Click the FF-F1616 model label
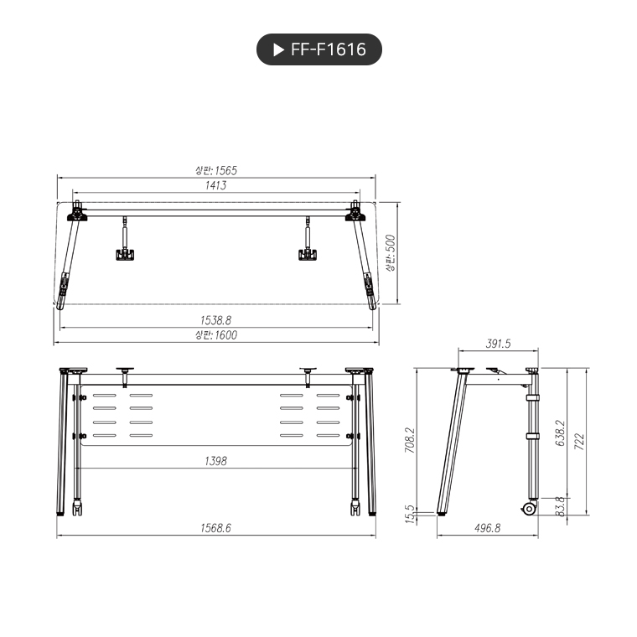click(x=328, y=49)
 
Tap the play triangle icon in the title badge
click(x=279, y=49)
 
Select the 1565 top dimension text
click(x=215, y=170)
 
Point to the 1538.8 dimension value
click(x=215, y=319)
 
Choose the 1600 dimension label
click(x=215, y=335)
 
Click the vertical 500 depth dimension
click(x=390, y=254)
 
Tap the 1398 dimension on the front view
click(x=215, y=461)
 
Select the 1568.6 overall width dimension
click(x=215, y=528)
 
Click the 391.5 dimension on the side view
click(x=498, y=344)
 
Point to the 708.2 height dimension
click(x=410, y=440)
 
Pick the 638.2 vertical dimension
click(x=559, y=433)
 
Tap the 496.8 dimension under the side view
click(x=486, y=528)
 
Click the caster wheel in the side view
click(x=530, y=508)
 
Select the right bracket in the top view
click(x=308, y=253)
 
